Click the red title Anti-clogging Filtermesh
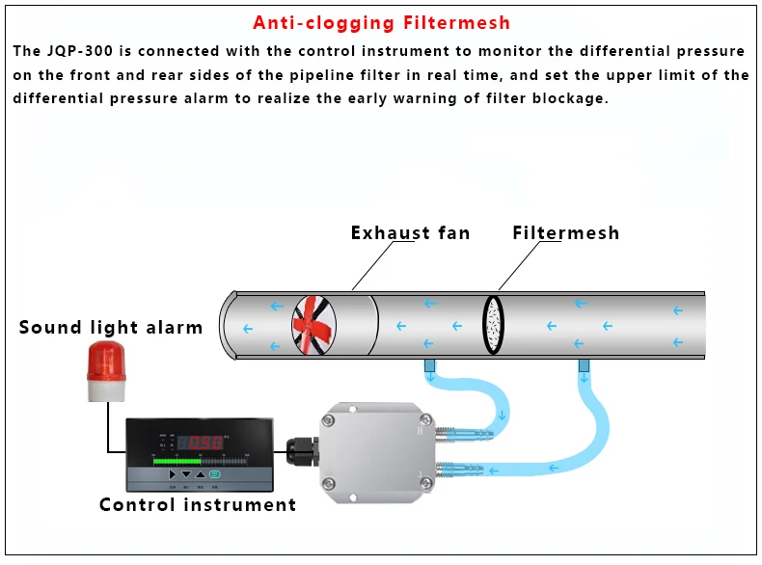pos(381,23)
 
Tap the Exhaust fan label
pos(410,232)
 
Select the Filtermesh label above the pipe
pos(565,232)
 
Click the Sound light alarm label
pos(111,327)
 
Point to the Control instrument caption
pos(198,504)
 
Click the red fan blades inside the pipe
pos(314,326)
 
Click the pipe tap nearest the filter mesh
pos(429,366)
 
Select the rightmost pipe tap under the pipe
pos(584,366)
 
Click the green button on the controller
pos(215,474)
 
